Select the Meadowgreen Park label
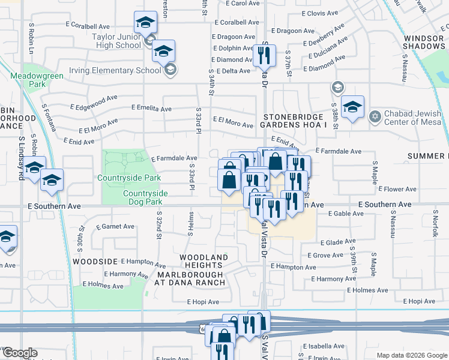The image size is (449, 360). pyautogui.click(x=28, y=80)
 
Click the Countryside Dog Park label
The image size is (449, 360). pyautogui.click(x=145, y=197)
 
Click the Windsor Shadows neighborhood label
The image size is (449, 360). pyautogui.click(x=424, y=42)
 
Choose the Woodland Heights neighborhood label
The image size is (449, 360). pyautogui.click(x=204, y=261)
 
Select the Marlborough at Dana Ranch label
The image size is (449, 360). pyautogui.click(x=190, y=278)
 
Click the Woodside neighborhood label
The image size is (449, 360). pyautogui.click(x=95, y=262)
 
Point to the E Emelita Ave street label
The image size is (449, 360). pyautogui.click(x=151, y=109)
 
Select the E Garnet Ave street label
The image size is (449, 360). pyautogui.click(x=115, y=227)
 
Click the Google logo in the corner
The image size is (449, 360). pyautogui.click(x=19, y=353)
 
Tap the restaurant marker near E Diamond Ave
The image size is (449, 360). pyautogui.click(x=264, y=55)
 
